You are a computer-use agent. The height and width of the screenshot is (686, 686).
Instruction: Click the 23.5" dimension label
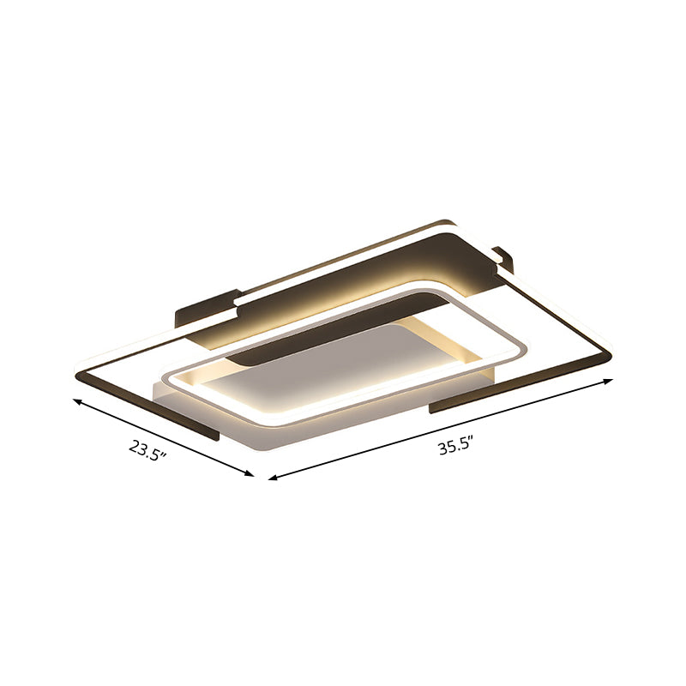pos(147,448)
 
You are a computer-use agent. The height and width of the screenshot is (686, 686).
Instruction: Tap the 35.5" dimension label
pos(455,446)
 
